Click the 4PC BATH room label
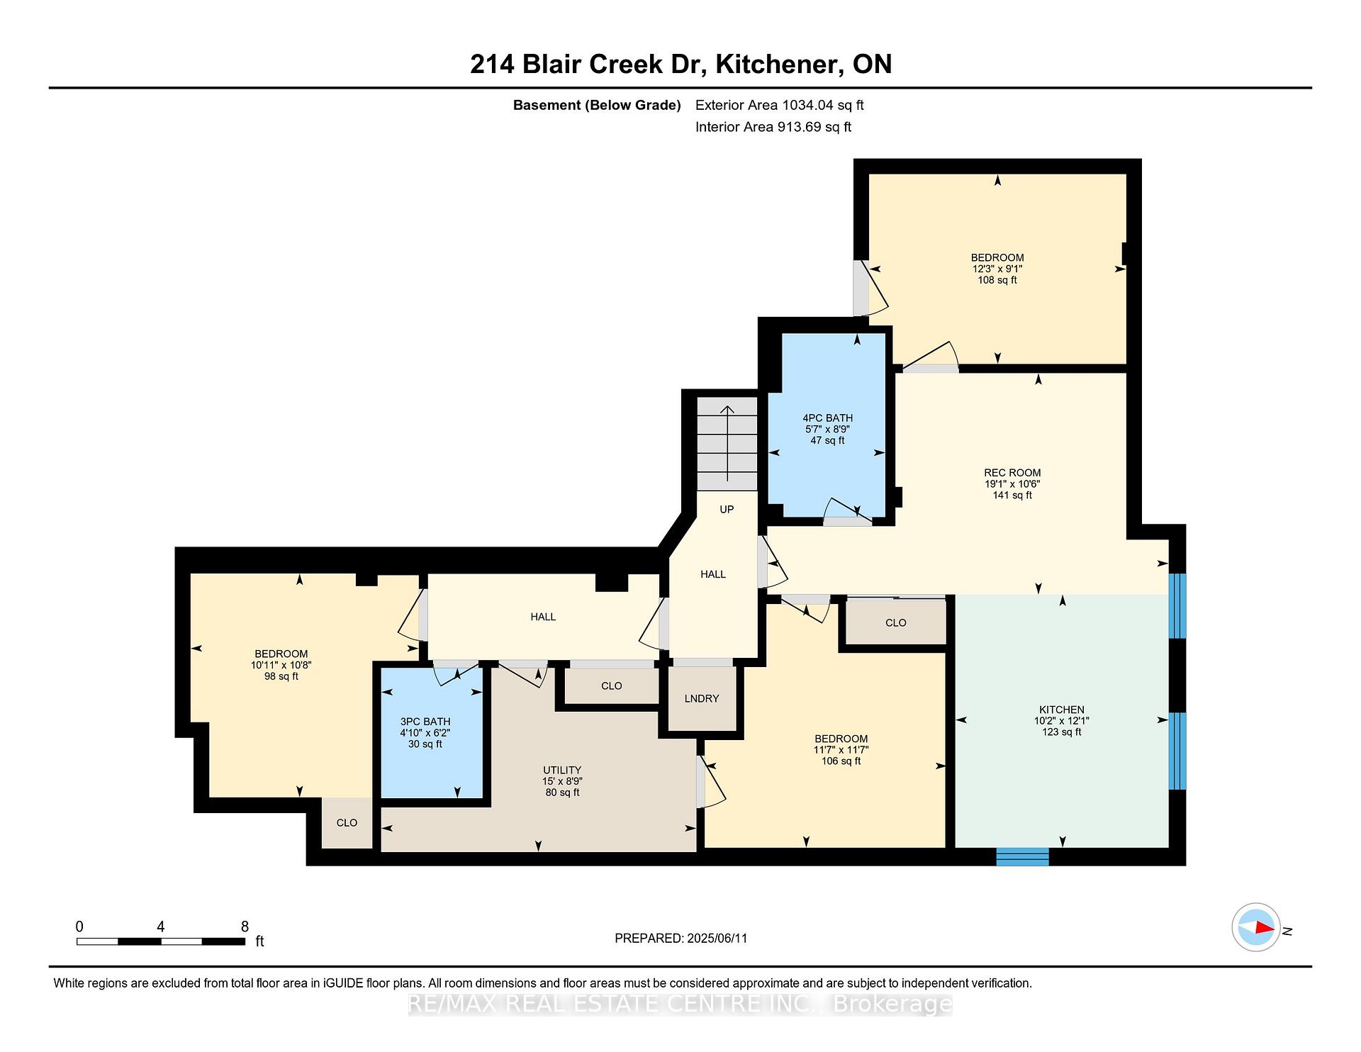coord(827,418)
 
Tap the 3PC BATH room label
coord(425,722)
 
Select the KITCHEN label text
coord(1061,710)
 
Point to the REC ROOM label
coord(1012,473)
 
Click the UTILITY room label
coord(562,770)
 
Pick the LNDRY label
coord(702,698)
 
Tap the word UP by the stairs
coord(727,509)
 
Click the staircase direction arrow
coord(727,443)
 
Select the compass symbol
coord(1255,927)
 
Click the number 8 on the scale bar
coord(245,927)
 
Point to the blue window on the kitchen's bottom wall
coord(1022,856)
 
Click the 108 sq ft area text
coord(997,280)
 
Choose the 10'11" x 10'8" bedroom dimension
coord(281,665)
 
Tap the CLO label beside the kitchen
coord(896,622)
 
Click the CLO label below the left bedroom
coord(347,822)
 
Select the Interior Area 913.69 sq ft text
coord(773,127)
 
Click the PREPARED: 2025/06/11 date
coord(681,939)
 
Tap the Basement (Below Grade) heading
coord(597,105)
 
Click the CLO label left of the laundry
coord(611,686)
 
